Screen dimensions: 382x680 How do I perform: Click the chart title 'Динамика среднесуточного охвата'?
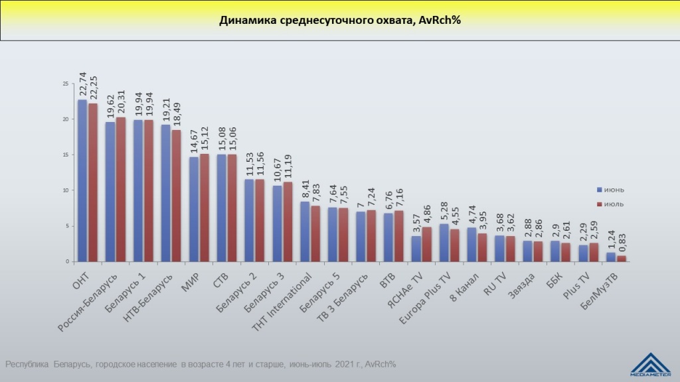pos(340,20)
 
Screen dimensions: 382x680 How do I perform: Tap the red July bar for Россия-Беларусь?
pos(121,190)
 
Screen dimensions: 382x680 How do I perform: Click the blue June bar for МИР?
pos(194,209)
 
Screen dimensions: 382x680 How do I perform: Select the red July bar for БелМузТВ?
pos(622,259)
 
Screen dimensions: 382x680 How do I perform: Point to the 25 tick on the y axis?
pos(65,84)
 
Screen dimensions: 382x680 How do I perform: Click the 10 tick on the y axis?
pos(65,190)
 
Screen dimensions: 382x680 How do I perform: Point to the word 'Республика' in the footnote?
pos(27,364)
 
